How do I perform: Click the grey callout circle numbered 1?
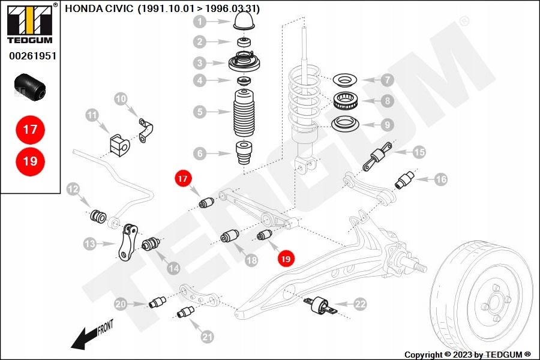(x=200, y=23)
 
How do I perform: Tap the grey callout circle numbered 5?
(x=200, y=111)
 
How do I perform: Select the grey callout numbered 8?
(x=388, y=101)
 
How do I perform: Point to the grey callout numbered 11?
(x=92, y=115)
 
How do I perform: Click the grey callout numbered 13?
(x=90, y=244)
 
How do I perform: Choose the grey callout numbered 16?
(x=441, y=179)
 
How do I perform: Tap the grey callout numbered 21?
(x=207, y=337)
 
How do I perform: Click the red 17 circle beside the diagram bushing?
(x=182, y=178)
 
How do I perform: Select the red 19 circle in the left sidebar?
(x=30, y=161)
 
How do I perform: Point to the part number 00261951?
(x=32, y=56)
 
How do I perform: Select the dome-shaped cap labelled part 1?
(x=245, y=22)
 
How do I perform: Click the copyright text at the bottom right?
(x=467, y=355)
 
